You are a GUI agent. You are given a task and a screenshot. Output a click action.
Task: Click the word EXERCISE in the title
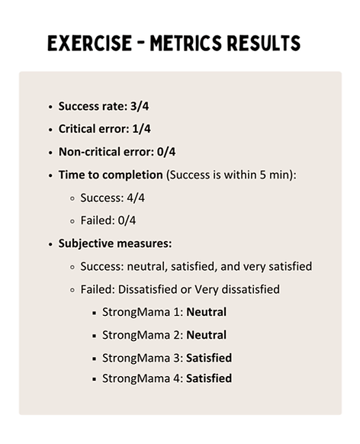click(x=89, y=43)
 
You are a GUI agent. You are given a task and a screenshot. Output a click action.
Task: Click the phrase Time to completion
click(x=111, y=175)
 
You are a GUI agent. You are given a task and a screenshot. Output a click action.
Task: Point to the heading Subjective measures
click(x=114, y=243)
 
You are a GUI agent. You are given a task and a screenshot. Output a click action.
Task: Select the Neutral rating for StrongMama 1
click(x=206, y=311)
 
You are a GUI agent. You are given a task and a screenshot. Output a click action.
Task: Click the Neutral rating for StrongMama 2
click(x=206, y=334)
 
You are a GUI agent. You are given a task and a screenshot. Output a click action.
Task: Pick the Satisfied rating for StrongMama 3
click(x=209, y=357)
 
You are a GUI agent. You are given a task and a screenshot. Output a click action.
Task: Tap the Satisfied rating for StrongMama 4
click(x=209, y=378)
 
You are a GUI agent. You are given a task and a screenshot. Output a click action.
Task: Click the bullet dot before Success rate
click(x=50, y=107)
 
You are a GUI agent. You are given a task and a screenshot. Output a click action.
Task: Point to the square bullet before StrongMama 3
click(x=94, y=358)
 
